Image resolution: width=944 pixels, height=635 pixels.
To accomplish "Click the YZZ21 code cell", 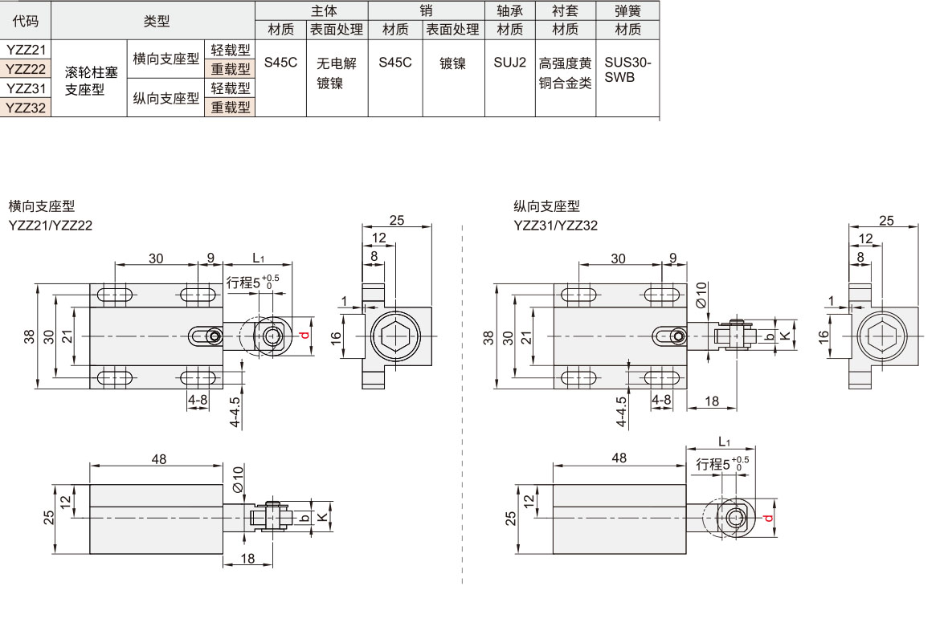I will tap(26, 50).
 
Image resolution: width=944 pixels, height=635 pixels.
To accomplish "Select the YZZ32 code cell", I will tap(26, 108).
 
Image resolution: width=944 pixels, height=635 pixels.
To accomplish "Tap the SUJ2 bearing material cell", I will tap(509, 63).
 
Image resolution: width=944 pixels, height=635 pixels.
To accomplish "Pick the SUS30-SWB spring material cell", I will tap(627, 70).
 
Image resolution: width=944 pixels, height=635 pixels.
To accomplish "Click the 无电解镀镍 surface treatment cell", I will tap(337, 72).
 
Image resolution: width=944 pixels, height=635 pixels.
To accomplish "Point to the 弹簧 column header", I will tap(627, 11).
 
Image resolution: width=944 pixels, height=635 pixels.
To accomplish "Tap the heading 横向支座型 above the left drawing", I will tap(41, 206).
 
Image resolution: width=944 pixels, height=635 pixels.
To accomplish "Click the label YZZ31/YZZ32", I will tap(555, 226).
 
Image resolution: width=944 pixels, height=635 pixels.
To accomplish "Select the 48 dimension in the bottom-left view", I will tap(158, 458).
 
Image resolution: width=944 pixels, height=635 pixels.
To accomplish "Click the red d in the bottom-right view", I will tap(768, 519).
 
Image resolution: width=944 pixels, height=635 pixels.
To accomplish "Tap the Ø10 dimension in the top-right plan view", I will tap(701, 295).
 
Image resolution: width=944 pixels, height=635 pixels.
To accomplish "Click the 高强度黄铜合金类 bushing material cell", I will tap(565, 72).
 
